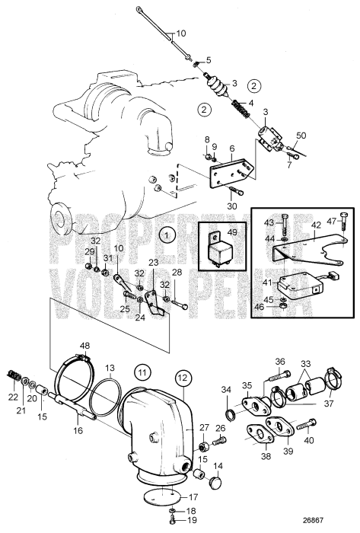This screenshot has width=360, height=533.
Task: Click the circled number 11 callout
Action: click(142, 372)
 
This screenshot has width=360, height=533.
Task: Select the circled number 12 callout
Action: click(183, 378)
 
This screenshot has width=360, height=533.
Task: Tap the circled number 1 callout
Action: click(167, 235)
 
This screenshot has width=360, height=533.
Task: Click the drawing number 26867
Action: click(313, 520)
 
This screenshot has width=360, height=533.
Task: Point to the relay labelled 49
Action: click(217, 251)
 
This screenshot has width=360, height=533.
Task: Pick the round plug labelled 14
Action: click(215, 482)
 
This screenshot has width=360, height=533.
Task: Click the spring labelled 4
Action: click(241, 109)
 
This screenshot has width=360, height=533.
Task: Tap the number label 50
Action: click(301, 135)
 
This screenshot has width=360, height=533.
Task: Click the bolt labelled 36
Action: click(280, 377)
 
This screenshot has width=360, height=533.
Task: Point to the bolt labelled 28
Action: click(180, 304)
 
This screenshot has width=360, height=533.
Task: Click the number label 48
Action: click(85, 346)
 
